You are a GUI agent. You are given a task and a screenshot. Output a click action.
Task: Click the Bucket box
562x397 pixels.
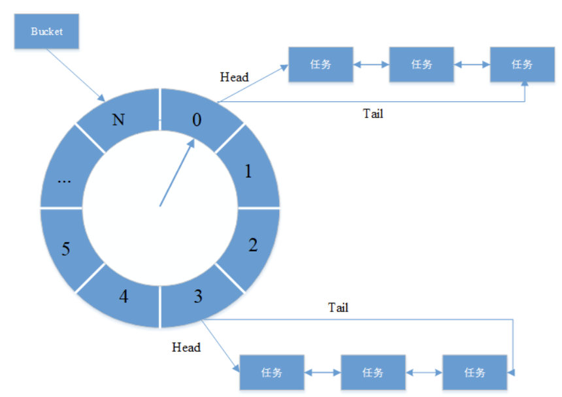coord(46,31)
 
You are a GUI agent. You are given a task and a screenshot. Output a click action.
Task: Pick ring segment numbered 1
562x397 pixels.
coord(248,171)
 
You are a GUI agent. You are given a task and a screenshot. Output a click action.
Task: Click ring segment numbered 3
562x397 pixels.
coord(197,297)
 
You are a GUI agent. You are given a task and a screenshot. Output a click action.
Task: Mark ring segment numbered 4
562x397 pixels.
coord(124,297)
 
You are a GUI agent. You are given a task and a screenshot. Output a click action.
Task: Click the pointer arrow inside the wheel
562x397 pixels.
coord(176,173)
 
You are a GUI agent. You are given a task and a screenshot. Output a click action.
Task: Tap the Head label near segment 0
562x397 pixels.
coord(234,77)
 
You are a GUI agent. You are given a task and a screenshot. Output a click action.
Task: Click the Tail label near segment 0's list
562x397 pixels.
coord(373,114)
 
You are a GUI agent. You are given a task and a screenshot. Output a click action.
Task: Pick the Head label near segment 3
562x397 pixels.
coord(186,347)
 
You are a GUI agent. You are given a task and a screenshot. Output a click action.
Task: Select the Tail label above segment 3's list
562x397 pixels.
coord(338,307)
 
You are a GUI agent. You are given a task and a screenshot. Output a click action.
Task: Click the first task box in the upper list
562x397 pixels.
coord(321,64)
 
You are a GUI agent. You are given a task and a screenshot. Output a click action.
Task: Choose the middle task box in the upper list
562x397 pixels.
coord(421,64)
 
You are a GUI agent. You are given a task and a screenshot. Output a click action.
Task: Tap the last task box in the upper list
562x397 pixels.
coord(522,64)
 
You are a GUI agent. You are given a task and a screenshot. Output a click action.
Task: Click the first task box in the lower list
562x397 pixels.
coord(271,372)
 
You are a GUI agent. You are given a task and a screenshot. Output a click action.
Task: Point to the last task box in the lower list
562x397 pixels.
coord(474,372)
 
